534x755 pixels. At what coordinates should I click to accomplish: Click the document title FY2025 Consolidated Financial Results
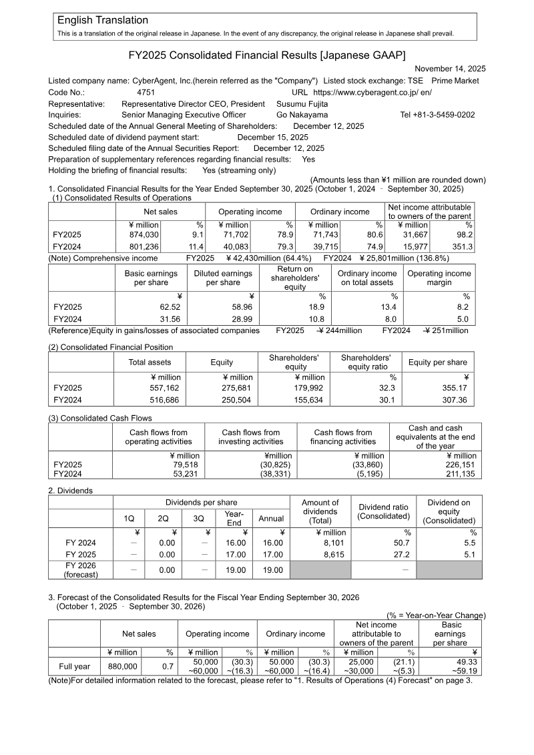point(267,54)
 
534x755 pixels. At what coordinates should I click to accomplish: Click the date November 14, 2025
point(450,69)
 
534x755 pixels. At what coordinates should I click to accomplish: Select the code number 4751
point(146,92)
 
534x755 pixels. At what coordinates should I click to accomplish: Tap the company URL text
point(372,92)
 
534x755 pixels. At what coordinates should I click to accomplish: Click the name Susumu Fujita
point(302,104)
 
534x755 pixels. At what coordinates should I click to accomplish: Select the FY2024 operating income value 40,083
point(233,246)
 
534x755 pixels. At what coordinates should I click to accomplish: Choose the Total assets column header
point(150,362)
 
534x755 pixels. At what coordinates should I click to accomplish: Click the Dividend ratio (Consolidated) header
point(383,511)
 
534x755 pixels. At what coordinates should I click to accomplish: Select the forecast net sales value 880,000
point(120,666)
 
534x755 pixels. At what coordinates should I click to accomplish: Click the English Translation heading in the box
point(103,21)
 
